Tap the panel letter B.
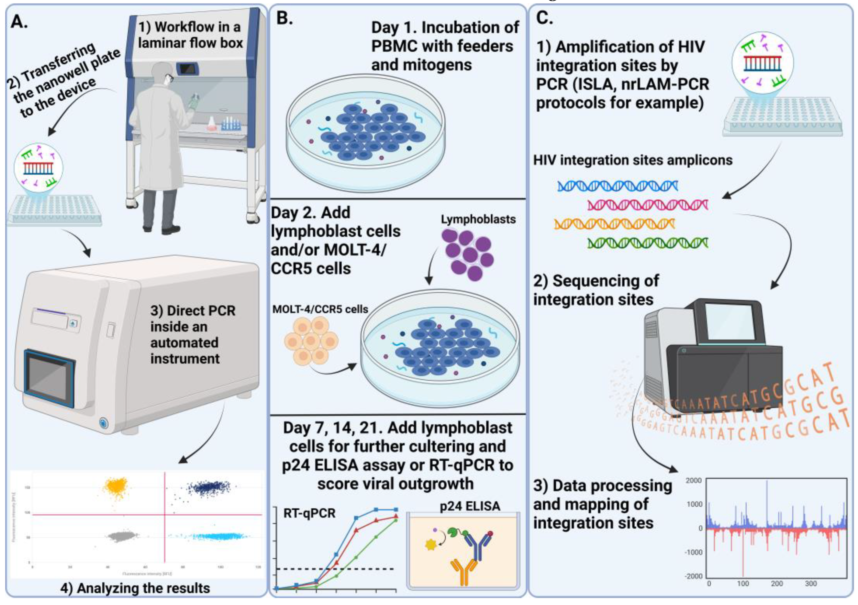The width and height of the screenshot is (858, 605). click(284, 18)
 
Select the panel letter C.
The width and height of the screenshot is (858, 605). click(544, 17)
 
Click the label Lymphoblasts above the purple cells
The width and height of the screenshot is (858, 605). click(478, 219)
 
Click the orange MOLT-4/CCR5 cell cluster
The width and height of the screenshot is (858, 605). click(311, 341)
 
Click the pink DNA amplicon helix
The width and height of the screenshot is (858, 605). click(648, 205)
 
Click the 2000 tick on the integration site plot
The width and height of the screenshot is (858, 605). click(694, 481)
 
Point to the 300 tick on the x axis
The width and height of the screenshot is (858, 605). click(810, 584)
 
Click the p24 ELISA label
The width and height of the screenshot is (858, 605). click(470, 506)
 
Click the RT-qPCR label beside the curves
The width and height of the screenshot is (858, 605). click(309, 513)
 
